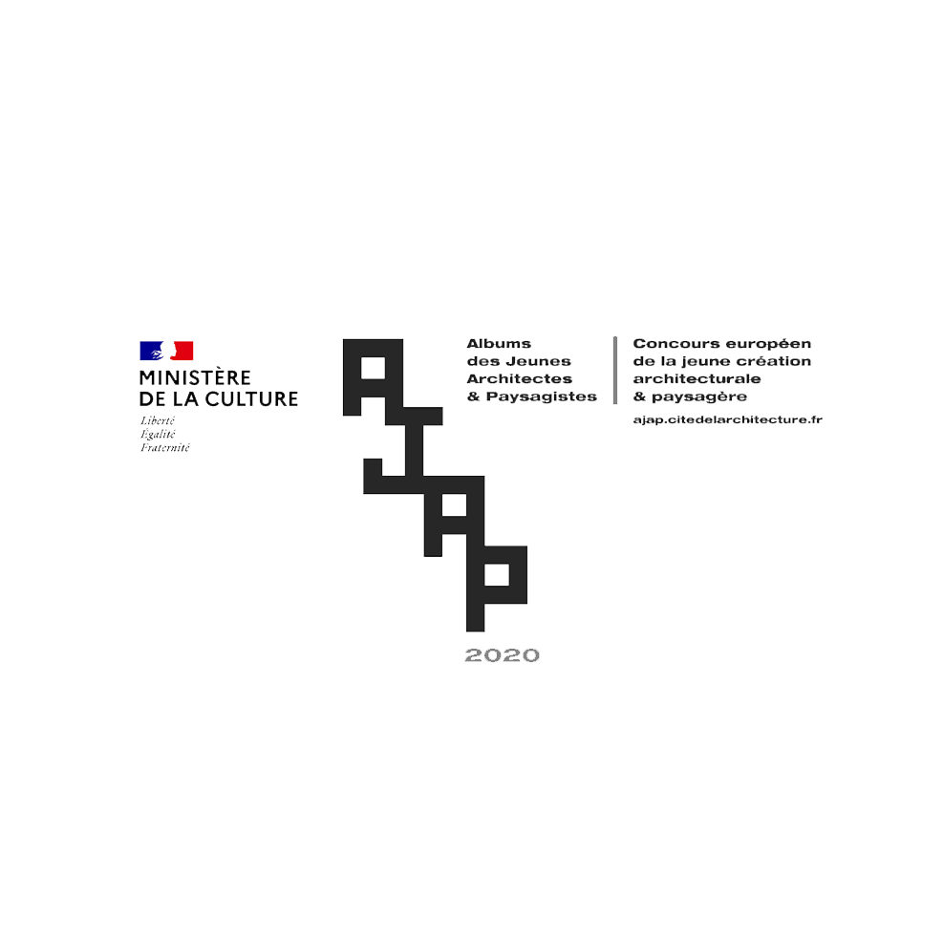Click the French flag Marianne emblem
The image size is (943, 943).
[x=166, y=351]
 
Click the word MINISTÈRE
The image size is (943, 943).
[x=195, y=378]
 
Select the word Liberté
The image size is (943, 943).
[x=158, y=420]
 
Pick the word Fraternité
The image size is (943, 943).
[x=165, y=447]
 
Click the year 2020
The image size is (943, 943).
[x=503, y=655]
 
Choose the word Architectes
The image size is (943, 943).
[x=520, y=378]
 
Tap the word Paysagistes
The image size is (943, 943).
[x=542, y=396]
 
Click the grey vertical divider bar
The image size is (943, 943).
[x=615, y=370]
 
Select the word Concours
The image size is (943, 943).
[x=670, y=344]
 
